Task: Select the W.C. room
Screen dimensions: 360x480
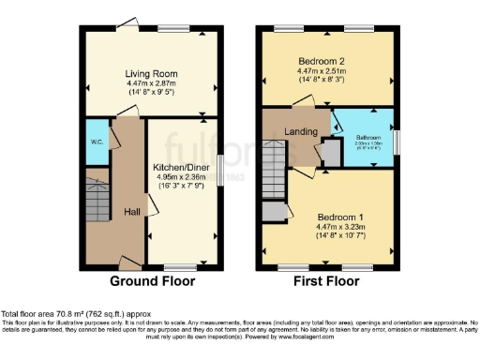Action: tap(97, 142)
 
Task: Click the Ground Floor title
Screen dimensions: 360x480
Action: tap(153, 280)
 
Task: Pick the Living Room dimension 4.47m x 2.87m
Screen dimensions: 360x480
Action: tap(151, 84)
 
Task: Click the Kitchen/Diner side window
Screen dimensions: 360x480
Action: tap(220, 165)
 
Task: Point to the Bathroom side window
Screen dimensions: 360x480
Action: tap(395, 141)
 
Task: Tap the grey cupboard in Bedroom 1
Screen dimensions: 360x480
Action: tap(275, 211)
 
